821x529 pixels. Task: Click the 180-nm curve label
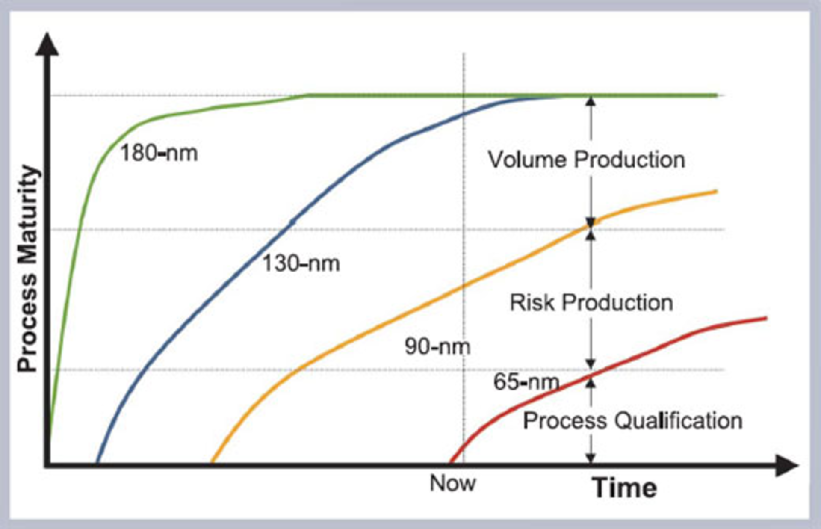click(159, 153)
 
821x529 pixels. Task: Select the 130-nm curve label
click(301, 263)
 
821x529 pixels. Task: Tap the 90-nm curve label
click(437, 346)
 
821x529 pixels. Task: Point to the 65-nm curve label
click(526, 382)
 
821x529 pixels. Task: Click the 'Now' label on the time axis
click(452, 483)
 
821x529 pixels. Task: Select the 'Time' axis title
click(624, 488)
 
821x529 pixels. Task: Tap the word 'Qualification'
click(679, 421)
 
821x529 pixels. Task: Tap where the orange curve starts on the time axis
click(213, 463)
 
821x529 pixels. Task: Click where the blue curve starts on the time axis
click(97, 463)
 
